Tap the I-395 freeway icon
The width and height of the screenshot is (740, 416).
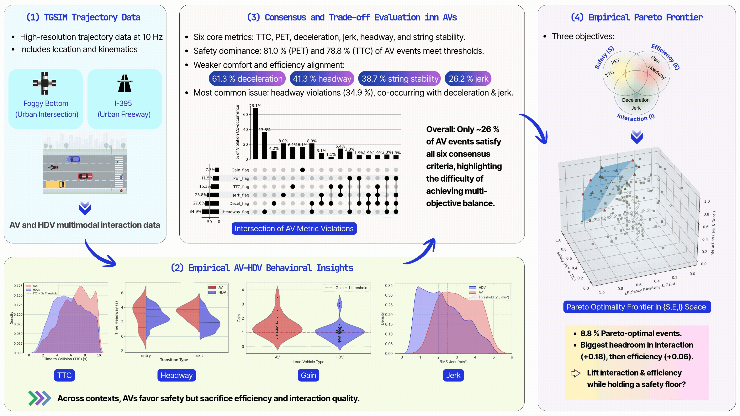[124, 83]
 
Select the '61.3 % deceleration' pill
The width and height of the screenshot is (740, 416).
[247, 79]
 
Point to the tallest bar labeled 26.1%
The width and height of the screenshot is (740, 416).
[255, 133]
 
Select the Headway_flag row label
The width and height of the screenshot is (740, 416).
[235, 212]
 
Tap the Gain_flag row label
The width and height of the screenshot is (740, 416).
[240, 170]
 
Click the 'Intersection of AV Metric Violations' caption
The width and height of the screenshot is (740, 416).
[294, 229]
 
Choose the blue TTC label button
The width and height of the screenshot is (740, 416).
[64, 375]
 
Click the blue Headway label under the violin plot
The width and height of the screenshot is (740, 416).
[176, 375]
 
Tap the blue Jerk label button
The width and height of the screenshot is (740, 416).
[453, 375]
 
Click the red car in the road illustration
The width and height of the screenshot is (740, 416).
[85, 176]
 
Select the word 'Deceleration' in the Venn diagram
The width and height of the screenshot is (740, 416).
[635, 100]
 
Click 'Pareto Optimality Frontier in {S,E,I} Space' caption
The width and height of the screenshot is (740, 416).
[637, 307]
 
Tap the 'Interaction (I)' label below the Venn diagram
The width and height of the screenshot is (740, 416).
[635, 117]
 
